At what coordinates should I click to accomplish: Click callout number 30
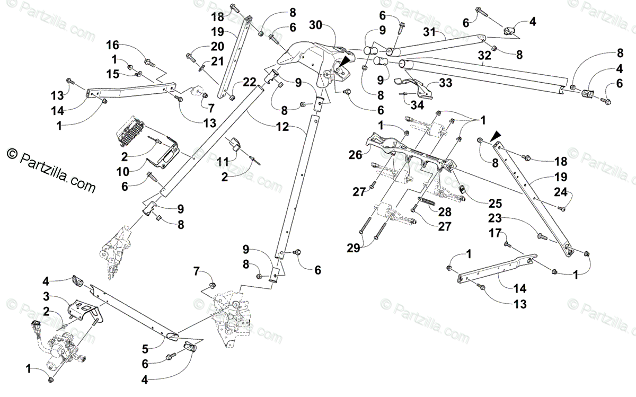[315, 25]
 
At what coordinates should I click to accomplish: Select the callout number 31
[429, 32]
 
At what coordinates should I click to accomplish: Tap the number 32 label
[484, 55]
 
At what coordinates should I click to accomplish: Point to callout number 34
[417, 105]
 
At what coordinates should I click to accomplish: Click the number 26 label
[355, 155]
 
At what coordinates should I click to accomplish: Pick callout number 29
[354, 248]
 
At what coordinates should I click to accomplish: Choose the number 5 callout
[145, 349]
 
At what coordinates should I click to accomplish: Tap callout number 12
[282, 127]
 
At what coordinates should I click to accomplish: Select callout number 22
[249, 82]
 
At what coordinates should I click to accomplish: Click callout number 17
[495, 233]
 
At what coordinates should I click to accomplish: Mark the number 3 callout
[46, 297]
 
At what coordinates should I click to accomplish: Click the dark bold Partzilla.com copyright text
[51, 171]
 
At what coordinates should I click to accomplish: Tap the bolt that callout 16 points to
[149, 63]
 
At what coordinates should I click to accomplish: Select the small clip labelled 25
[462, 189]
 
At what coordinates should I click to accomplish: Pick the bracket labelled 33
[414, 87]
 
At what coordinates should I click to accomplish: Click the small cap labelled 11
[235, 143]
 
